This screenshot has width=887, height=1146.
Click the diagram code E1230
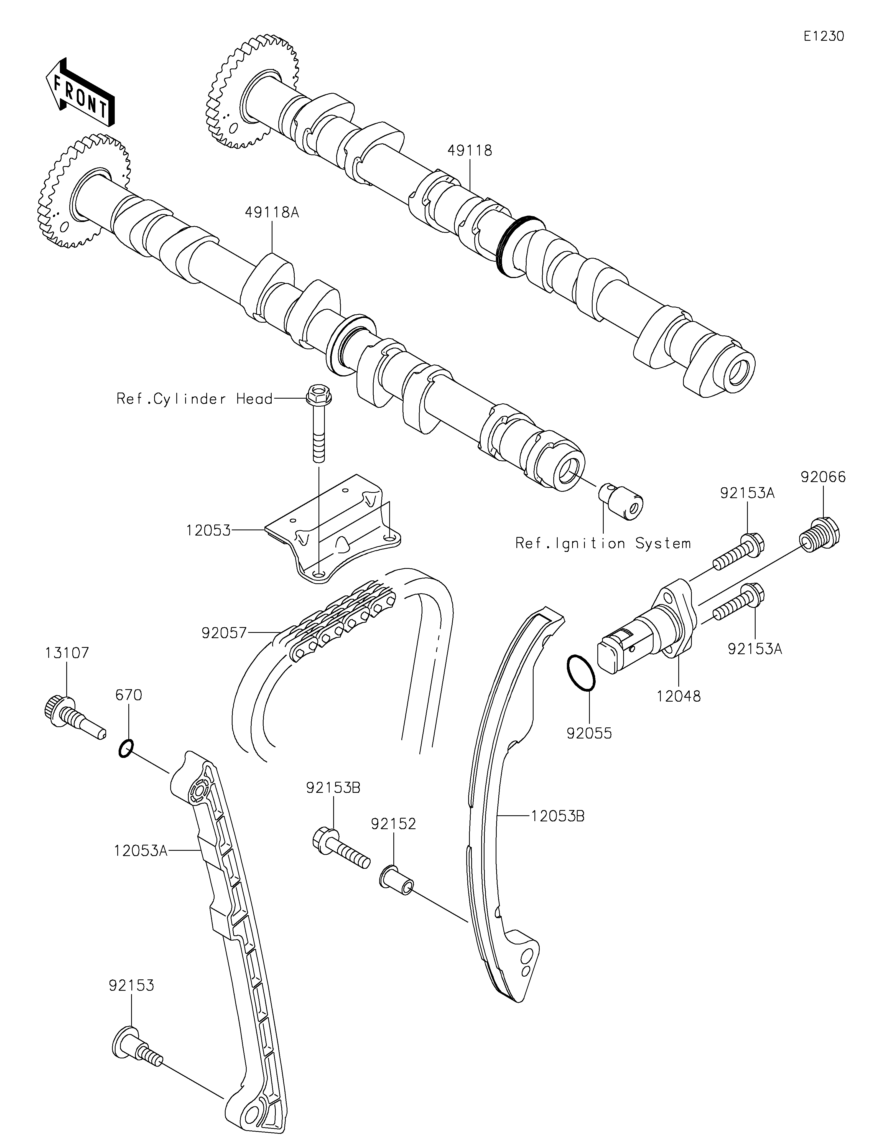824,36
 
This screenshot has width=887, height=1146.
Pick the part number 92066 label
823,477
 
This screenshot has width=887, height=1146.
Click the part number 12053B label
558,816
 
